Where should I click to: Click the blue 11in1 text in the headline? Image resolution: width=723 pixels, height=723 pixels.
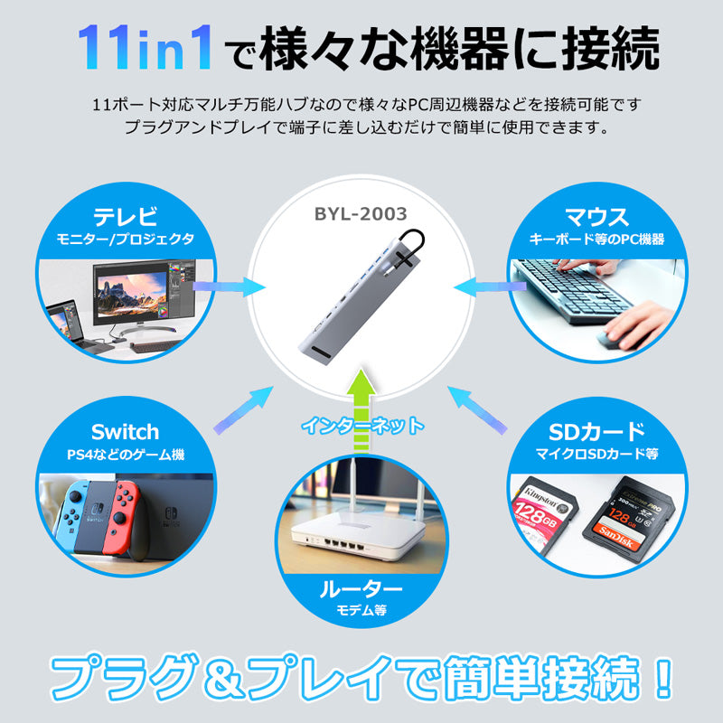coord(146,48)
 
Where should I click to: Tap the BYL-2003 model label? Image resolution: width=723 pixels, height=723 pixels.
coord(361,214)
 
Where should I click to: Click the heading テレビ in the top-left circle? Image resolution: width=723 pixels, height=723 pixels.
coord(126,216)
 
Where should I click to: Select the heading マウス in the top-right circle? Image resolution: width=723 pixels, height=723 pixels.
coord(597,217)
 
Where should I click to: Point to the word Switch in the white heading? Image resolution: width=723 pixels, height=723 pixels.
coord(125,432)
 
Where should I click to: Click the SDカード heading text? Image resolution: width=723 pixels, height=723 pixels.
coord(596,432)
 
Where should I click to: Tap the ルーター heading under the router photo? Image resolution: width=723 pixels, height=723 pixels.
coord(361,589)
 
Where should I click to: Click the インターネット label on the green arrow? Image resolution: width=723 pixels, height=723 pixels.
coord(362,425)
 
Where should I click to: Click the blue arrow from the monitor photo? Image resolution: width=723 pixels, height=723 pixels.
coord(230,286)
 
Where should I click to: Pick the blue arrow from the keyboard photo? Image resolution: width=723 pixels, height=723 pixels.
coord(490,286)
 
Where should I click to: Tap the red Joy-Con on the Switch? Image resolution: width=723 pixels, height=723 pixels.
coord(121,518)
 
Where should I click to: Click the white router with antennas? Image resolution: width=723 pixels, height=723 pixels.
coord(360,531)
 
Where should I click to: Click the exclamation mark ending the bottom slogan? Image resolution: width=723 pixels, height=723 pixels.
coord(664,678)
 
